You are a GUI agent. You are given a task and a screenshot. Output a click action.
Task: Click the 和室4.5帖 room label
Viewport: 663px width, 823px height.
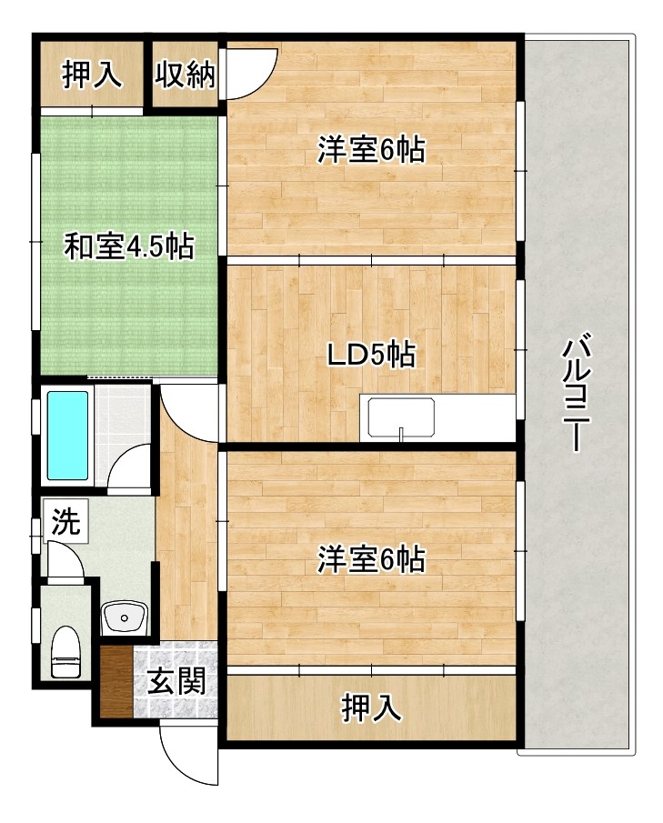127,246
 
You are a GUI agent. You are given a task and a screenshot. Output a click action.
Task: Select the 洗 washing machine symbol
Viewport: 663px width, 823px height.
65,523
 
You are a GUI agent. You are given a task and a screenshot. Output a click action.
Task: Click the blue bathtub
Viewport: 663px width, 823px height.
68,435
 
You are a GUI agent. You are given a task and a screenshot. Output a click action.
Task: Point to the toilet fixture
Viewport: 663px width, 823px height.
65,652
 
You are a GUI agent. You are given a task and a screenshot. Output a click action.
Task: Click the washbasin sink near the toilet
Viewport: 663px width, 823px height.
125,618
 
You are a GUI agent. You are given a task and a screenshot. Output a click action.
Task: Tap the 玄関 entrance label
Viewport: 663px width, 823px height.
176,681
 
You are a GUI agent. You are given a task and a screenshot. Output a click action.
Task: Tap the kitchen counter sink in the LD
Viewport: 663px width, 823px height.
401,419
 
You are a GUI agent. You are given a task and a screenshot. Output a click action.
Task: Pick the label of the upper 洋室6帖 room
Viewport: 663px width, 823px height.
371,150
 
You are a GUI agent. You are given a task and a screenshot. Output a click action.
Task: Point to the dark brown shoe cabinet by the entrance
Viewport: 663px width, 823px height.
116,683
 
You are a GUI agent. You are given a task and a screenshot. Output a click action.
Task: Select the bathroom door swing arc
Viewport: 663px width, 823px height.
127,467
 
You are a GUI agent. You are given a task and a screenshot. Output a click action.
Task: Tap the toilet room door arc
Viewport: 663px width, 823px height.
65,560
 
